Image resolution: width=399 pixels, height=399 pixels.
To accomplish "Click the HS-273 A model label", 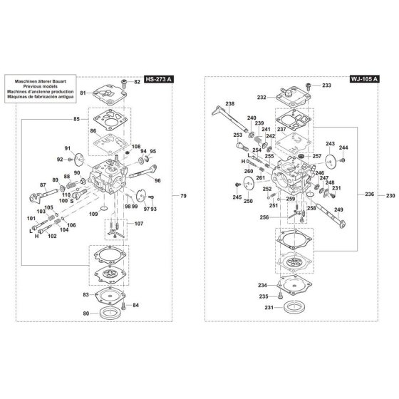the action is pos(159,79).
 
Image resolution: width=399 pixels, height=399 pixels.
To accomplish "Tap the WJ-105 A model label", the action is pos(365,79).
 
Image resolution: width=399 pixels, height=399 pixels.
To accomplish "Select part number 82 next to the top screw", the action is pos(137,82).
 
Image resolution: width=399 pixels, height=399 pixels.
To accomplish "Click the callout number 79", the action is pos(183,196).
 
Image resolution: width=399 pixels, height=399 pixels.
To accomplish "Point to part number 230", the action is pos(390,196).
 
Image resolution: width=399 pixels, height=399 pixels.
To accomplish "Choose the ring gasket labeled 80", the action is pos(110,313).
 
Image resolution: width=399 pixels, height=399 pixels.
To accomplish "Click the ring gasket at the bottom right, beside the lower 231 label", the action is pos(294,307).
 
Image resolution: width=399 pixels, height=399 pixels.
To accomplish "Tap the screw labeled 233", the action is pos(309,86).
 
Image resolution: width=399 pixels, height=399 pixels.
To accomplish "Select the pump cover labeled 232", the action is pos(294,98).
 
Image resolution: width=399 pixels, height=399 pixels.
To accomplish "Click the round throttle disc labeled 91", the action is pos(79,160).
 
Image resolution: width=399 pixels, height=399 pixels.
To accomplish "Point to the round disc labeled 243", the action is pos(331,161).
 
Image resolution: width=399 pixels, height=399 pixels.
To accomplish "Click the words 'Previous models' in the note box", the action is pos(41,86).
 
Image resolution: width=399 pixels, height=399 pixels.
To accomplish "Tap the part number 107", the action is pos(139,224).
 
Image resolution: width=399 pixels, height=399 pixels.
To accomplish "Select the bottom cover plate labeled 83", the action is pos(110,295).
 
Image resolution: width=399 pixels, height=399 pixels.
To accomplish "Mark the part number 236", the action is pos(369,194).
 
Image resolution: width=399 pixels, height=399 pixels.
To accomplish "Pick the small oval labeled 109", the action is pos(104,209).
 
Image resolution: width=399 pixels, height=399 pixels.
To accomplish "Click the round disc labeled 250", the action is pos(249,182).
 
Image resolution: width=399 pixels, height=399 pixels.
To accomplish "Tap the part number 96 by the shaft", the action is pos(157,181).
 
